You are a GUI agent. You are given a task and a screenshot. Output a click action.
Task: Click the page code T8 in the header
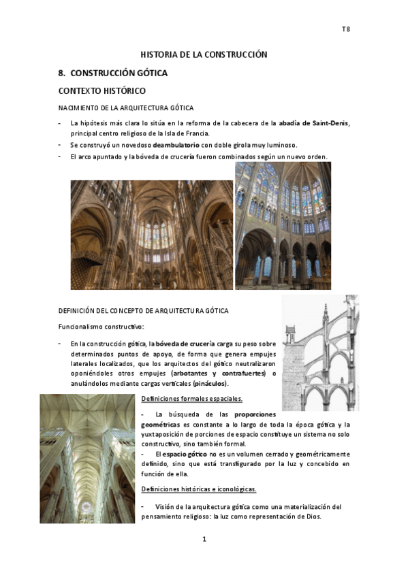[x=345, y=30]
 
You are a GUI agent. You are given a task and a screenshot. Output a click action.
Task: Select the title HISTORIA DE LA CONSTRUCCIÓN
[x=204, y=54]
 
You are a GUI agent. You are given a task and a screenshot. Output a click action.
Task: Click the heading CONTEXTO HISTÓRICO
[x=102, y=90]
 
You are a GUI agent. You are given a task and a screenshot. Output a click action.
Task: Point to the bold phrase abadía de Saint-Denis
[x=313, y=123]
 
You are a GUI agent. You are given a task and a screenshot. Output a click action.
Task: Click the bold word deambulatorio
[x=176, y=145]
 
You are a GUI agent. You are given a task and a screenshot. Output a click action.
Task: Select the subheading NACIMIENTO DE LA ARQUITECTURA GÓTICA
[x=125, y=108]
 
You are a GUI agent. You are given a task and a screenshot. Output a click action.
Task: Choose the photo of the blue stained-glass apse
[x=283, y=225]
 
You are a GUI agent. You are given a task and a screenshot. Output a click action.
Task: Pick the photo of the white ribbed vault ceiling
[x=87, y=454]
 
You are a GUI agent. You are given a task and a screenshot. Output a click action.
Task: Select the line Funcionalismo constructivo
[x=100, y=327]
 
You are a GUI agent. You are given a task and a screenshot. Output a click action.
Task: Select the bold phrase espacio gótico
[x=186, y=454]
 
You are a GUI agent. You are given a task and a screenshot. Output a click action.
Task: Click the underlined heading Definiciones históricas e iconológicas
[x=198, y=489]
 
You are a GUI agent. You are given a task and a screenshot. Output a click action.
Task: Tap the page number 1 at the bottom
[x=204, y=540]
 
